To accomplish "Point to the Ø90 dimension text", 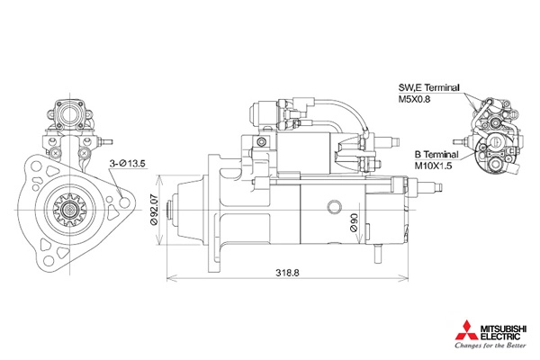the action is click(x=354, y=222).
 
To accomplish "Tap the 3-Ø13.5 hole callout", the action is click(x=127, y=164).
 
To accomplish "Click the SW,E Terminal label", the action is click(x=428, y=87).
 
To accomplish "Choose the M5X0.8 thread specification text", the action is click(x=414, y=100).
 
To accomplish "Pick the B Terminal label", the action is click(x=436, y=154).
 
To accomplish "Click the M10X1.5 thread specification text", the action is click(x=433, y=166).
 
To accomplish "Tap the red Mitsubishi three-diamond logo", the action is click(x=466, y=330).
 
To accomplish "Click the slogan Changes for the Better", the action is click(x=490, y=346).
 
